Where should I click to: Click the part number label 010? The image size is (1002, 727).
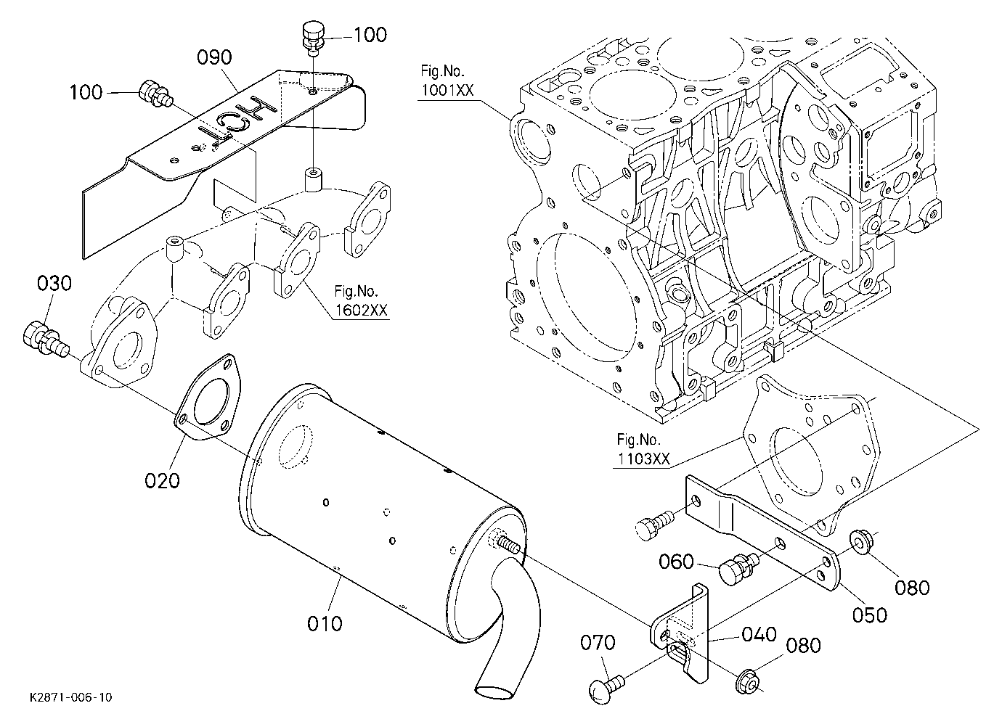coord(325,624)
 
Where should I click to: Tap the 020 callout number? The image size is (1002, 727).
coord(162,481)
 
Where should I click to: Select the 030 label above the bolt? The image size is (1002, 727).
coord(54,284)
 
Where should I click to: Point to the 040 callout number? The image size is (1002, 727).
coord(759,634)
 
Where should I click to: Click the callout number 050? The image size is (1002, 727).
coord(870,615)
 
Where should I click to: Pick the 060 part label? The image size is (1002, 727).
coord(676,562)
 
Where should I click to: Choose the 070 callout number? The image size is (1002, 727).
coord(598,643)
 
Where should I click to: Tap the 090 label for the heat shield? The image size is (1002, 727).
coord(215,57)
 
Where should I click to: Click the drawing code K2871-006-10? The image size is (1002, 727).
coord(71,697)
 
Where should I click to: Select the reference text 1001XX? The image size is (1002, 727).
coord(447,91)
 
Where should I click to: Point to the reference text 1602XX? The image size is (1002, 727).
coord(362,311)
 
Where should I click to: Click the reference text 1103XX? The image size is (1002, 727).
coord(644,459)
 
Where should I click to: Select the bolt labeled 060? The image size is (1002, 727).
coord(738,568)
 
